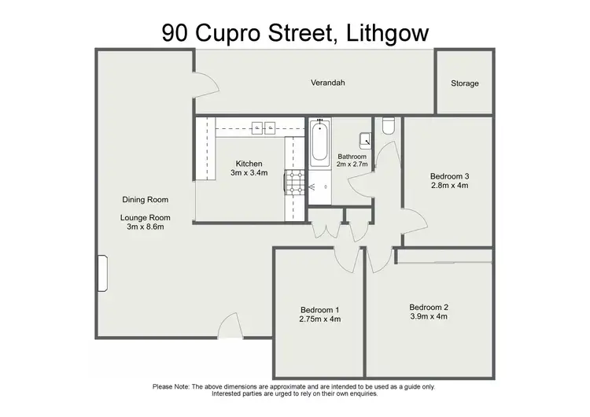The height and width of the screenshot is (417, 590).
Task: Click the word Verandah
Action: (x=328, y=83)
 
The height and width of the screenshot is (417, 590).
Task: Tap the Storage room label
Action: (x=464, y=83)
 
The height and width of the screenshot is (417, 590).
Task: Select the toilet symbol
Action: (x=388, y=126)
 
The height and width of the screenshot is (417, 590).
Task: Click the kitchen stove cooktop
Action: (x=295, y=183)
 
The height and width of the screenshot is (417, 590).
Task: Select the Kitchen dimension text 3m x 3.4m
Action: (x=249, y=173)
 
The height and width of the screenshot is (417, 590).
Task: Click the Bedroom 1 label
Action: (x=319, y=309)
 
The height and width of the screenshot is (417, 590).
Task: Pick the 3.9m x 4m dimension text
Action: (x=428, y=317)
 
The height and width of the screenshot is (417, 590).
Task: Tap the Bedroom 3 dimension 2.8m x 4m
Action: (x=449, y=186)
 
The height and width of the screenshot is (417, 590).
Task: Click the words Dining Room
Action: (x=146, y=200)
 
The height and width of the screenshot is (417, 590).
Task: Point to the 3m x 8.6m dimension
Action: (x=146, y=228)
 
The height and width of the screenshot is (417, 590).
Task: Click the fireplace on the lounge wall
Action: (x=101, y=274)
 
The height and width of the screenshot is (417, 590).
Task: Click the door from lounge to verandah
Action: (x=203, y=83)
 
